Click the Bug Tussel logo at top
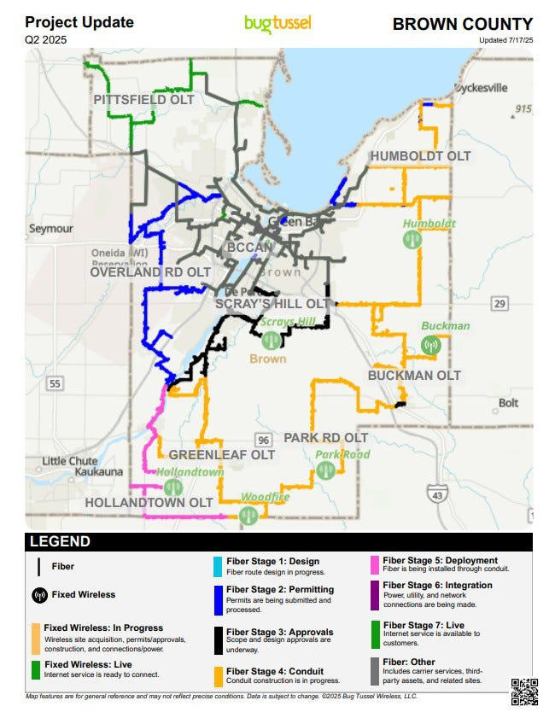click(x=277, y=23)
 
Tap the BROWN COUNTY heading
click(x=462, y=24)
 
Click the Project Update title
click(x=79, y=22)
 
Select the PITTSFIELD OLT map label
click(x=143, y=100)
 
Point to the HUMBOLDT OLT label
click(x=419, y=156)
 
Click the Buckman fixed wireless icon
click(x=431, y=345)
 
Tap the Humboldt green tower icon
click(x=412, y=239)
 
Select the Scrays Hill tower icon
click(x=272, y=340)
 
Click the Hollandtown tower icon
click(x=173, y=487)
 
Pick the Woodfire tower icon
click(x=249, y=513)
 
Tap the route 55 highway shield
click(x=55, y=384)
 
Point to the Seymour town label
click(x=50, y=229)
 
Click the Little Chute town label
click(x=69, y=461)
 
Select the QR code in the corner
click(x=524, y=691)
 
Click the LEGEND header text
click(x=59, y=541)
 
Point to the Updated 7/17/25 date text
click(x=505, y=40)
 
